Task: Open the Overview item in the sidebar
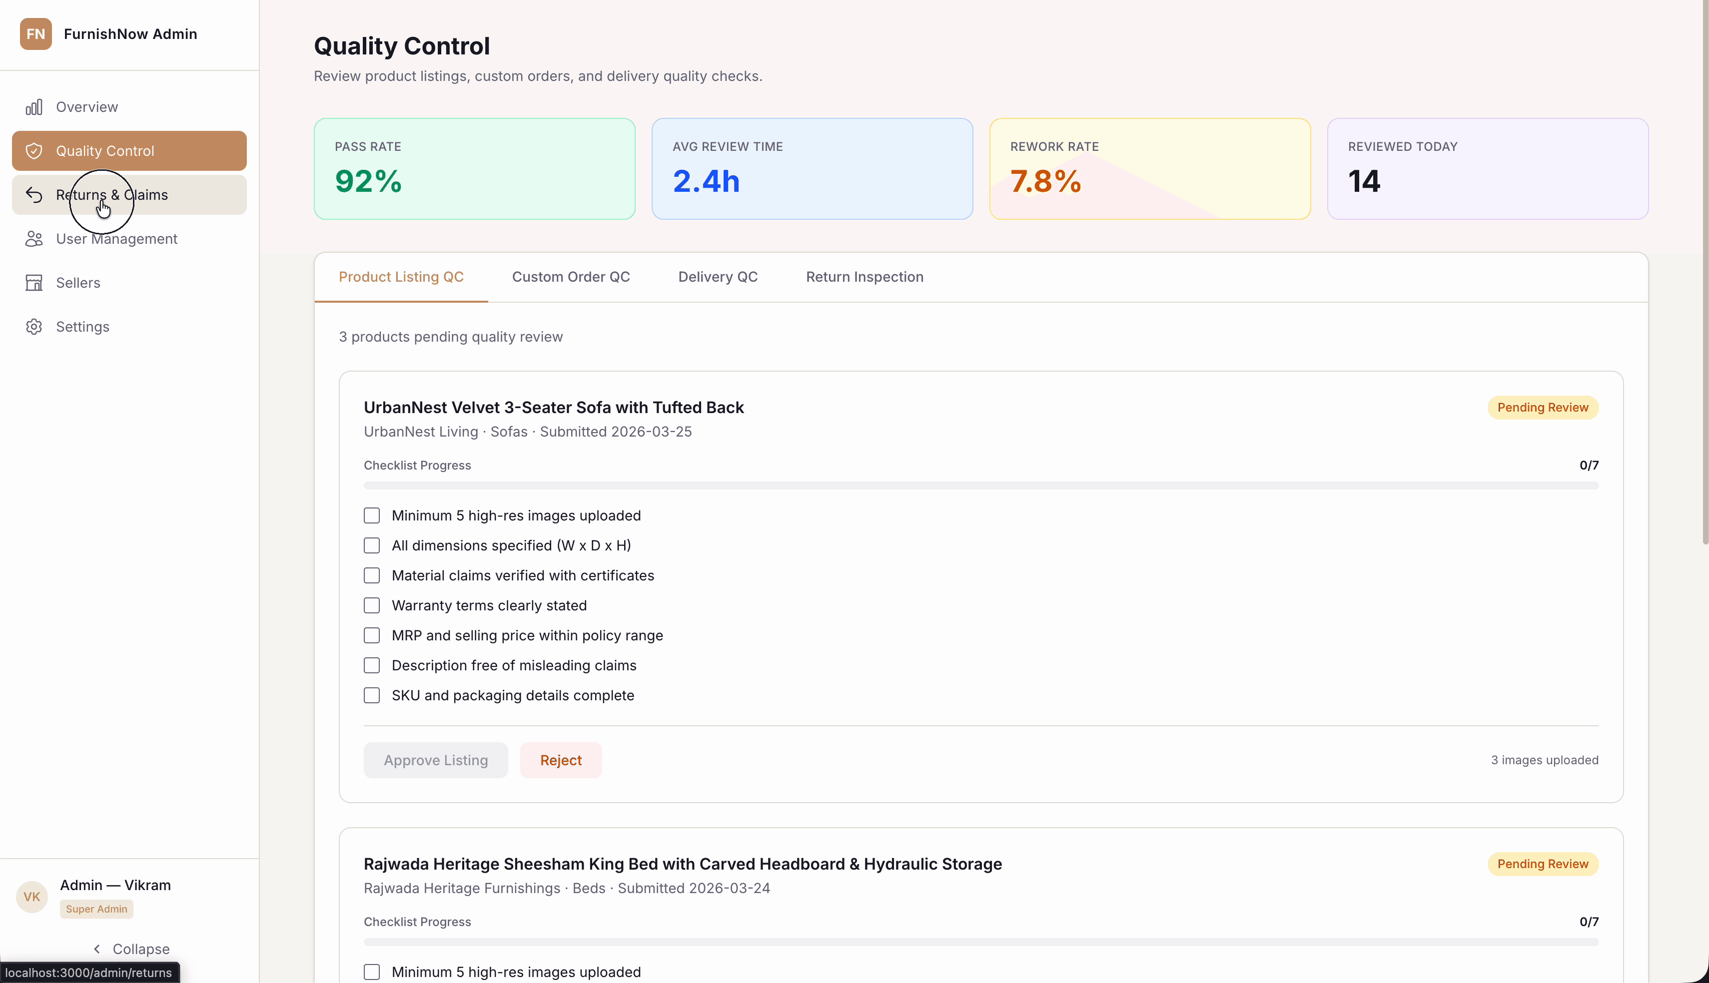pos(86,107)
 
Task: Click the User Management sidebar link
pos(116,239)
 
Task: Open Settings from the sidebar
pos(82,327)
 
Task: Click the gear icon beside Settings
pos(34,327)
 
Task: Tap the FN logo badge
pos(36,34)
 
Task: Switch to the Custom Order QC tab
pos(571,277)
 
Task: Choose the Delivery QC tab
pos(718,277)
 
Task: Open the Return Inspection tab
pos(864,277)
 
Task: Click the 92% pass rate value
pos(368,181)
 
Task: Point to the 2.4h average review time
pos(706,181)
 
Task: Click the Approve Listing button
pos(436,760)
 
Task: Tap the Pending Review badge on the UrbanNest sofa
pos(1542,408)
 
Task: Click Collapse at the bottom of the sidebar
pos(131,949)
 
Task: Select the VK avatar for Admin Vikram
pos(32,897)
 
